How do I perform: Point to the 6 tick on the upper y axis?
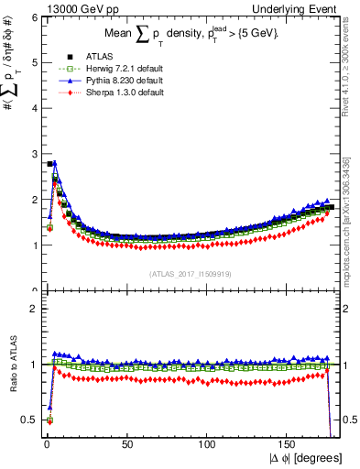pos(30,17)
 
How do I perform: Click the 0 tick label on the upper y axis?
pos(30,290)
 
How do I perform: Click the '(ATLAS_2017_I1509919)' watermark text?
pos(191,273)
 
